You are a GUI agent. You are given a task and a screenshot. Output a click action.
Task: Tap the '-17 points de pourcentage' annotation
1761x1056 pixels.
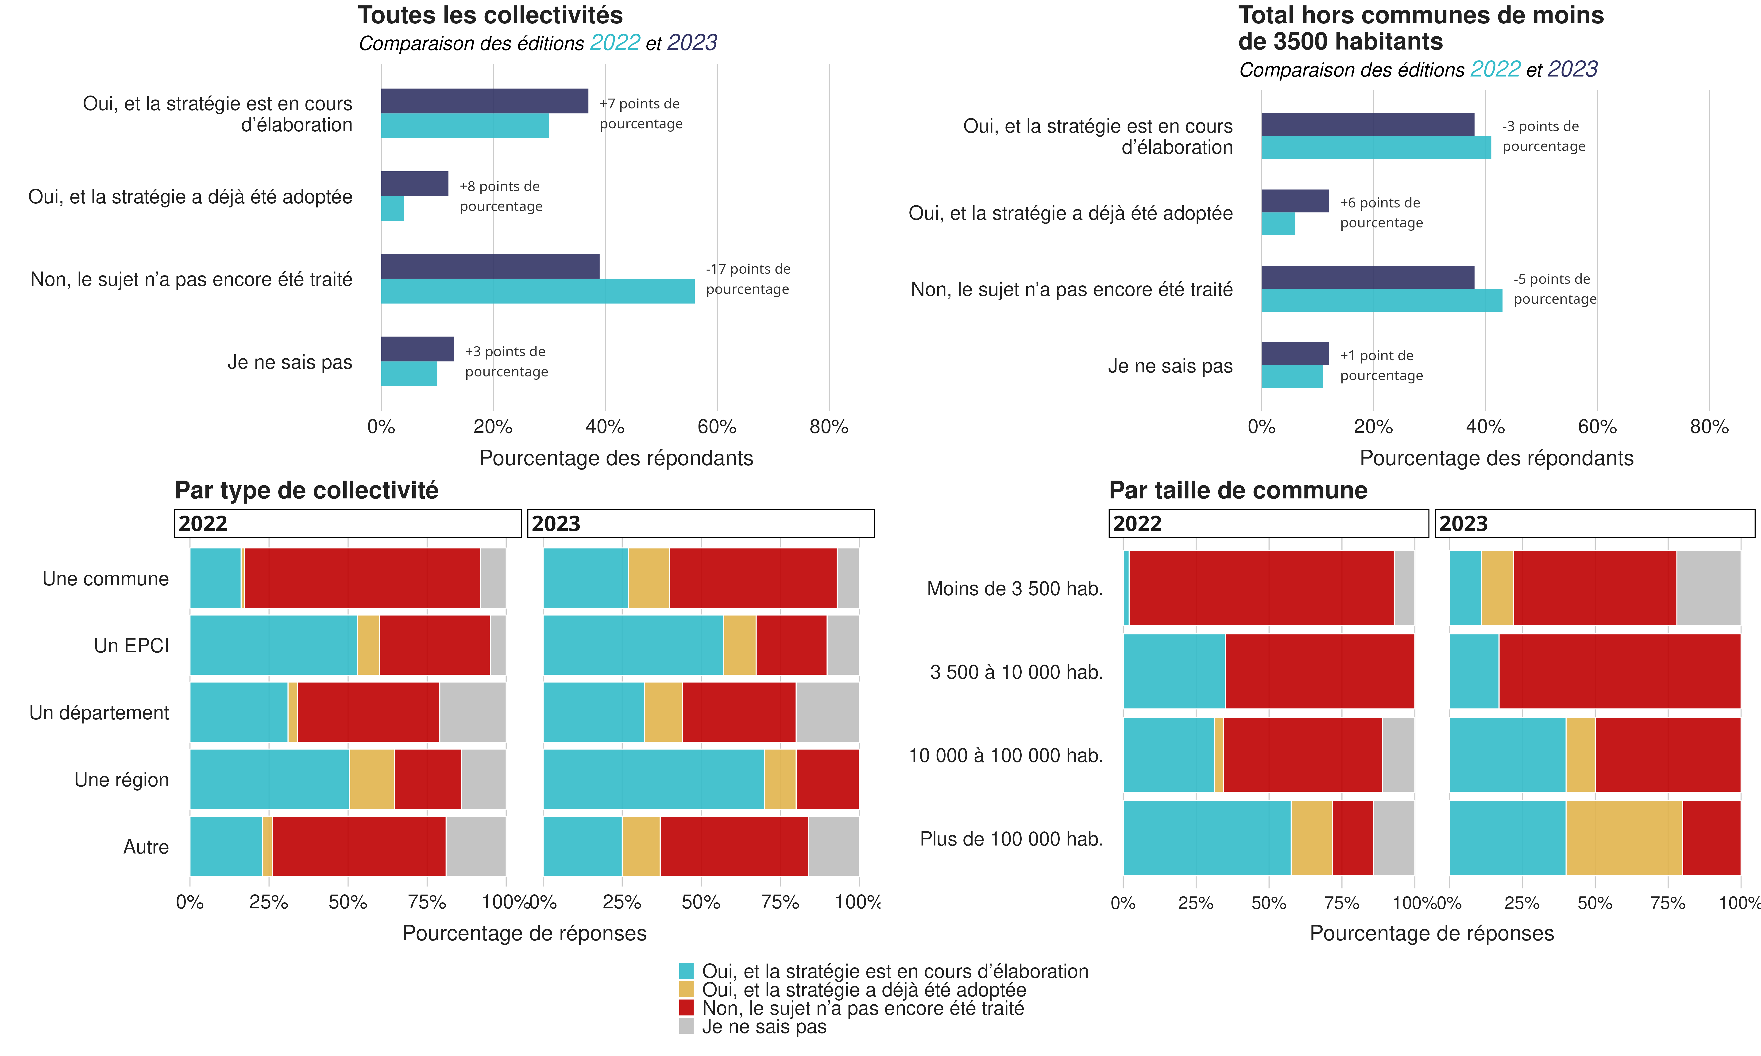pos(747,279)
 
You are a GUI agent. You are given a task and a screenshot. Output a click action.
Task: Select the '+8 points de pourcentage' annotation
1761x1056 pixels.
pos(500,196)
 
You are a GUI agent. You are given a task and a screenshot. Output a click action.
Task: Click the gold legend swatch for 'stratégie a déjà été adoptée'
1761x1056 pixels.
pos(686,989)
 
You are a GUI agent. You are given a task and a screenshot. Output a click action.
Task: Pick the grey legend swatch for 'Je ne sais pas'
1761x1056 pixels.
pos(686,1026)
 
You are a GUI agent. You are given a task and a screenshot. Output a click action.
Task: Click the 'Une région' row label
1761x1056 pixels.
pos(122,780)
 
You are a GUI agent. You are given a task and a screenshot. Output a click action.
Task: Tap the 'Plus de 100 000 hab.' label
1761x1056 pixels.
pos(1011,839)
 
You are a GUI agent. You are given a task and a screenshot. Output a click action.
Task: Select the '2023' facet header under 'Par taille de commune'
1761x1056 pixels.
pos(1595,524)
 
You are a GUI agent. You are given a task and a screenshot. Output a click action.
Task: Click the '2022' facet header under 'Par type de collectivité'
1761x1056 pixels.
pos(347,524)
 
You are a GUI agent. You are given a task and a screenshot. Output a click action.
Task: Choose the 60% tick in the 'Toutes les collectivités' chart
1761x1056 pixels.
pos(717,427)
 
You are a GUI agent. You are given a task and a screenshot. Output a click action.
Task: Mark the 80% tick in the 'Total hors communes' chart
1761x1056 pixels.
pos(1709,427)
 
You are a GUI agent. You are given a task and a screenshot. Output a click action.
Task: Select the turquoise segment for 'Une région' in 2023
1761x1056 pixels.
pos(653,779)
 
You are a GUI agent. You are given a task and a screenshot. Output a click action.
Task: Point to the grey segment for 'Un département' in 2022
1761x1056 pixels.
pos(473,712)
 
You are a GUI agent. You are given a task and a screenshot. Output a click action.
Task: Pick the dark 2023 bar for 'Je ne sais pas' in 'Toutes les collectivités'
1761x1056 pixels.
pos(417,349)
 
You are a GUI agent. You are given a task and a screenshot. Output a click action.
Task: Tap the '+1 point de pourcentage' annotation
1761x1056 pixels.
pos(1381,366)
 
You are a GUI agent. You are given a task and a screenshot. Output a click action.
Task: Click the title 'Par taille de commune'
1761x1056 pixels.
pos(1238,490)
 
